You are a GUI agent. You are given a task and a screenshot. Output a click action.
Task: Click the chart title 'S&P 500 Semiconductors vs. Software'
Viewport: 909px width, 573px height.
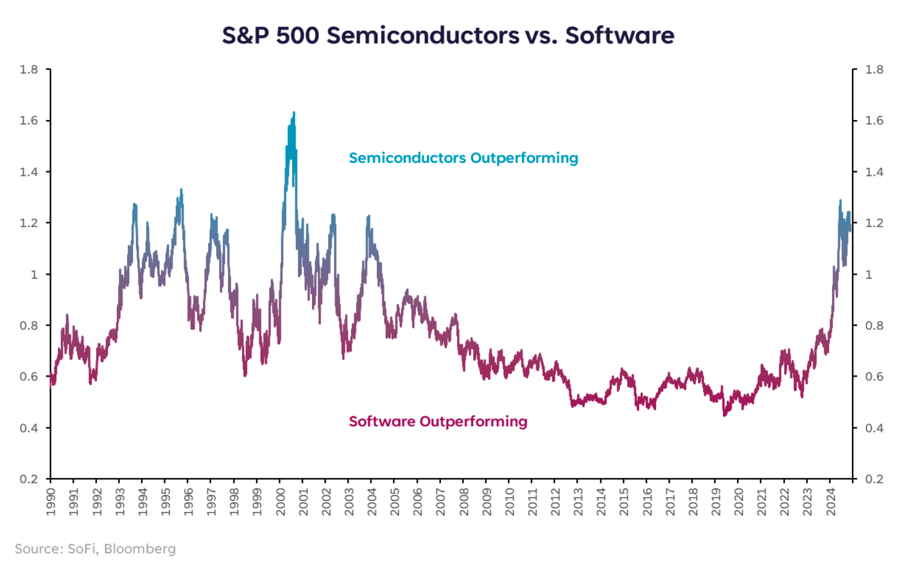[447, 35]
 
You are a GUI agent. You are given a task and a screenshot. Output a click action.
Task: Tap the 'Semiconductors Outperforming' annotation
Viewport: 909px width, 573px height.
[463, 158]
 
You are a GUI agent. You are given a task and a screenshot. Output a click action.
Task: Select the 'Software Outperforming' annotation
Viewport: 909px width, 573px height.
[438, 422]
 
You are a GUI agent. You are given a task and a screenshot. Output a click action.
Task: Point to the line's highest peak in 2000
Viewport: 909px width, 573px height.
[294, 113]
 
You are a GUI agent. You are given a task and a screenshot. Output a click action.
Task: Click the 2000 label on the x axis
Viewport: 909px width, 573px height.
[281, 501]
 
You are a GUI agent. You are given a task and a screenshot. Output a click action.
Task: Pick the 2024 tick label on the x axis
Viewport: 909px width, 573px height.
[831, 501]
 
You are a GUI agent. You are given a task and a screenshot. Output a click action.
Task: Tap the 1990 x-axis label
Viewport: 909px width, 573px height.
[51, 501]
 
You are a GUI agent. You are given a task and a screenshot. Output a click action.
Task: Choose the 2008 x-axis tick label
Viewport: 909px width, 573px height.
[464, 501]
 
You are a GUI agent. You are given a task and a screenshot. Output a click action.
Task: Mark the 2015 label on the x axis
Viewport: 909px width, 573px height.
[625, 501]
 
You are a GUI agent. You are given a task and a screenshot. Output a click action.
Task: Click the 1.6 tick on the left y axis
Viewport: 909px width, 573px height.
[29, 121]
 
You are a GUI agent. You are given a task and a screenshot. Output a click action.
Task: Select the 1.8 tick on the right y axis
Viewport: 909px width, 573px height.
[874, 69]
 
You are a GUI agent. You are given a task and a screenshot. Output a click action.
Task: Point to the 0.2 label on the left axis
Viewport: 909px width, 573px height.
[29, 479]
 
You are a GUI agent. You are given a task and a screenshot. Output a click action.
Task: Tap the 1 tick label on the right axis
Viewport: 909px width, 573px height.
[869, 274]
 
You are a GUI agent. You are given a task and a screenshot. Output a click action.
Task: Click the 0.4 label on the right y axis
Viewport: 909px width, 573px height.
[874, 428]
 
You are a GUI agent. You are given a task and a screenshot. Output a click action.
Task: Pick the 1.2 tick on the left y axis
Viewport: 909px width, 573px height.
[29, 223]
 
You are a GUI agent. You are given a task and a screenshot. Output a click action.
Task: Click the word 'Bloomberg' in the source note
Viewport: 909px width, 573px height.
[139, 549]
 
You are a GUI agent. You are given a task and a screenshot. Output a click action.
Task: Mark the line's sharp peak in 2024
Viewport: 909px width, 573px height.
[840, 201]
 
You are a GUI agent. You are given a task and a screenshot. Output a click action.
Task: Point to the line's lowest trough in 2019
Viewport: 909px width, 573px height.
[724, 415]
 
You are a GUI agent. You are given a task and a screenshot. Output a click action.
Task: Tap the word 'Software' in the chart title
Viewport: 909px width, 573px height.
[619, 35]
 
